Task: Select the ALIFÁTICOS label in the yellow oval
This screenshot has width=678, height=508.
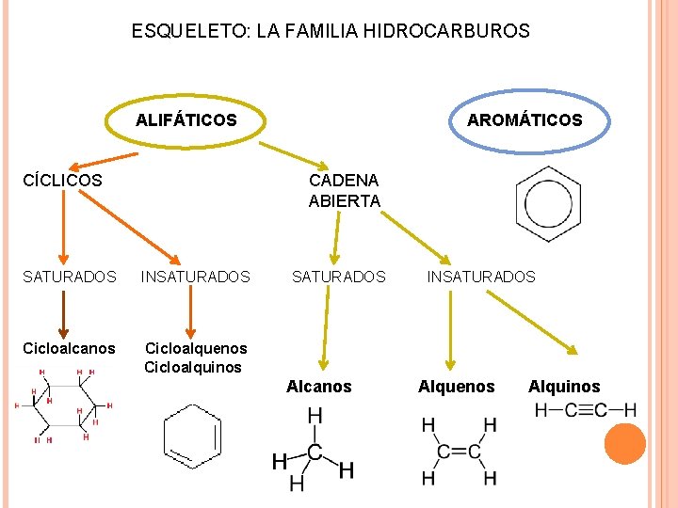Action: point(186,120)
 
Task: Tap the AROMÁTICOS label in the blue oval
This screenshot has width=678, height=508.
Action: point(525,120)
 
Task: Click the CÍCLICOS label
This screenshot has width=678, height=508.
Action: point(63,180)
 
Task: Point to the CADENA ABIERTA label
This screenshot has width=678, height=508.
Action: point(344,190)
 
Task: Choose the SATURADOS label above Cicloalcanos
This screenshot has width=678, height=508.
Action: point(70,277)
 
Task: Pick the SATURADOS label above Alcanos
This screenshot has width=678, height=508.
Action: point(338,277)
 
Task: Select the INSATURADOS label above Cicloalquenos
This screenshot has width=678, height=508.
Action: point(195,277)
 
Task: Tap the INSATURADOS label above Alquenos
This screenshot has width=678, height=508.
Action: point(480,277)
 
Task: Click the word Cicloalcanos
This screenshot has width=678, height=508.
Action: point(70,349)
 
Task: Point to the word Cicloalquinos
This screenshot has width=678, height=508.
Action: point(192,367)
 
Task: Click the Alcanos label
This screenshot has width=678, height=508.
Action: point(319,387)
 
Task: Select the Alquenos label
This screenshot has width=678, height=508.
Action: point(456,387)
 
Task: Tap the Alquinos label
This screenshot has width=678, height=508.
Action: point(563,387)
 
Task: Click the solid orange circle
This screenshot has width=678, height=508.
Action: point(624,443)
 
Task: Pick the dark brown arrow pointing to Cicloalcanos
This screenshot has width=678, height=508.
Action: point(63,314)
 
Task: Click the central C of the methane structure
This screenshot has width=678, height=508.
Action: point(315,452)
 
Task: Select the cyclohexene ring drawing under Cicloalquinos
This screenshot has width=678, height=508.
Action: point(192,437)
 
